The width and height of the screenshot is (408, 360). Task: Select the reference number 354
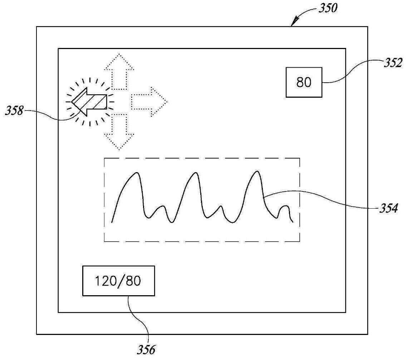click(x=387, y=209)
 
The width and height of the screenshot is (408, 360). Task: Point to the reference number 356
click(x=146, y=349)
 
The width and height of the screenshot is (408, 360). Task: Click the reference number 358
click(x=14, y=111)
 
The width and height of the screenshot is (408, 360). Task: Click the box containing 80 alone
click(x=304, y=82)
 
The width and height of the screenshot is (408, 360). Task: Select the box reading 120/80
click(x=118, y=281)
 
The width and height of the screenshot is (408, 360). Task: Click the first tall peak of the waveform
click(x=136, y=173)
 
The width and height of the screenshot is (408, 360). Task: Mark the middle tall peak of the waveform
click(x=195, y=173)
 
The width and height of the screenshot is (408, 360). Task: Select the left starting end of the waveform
click(x=112, y=222)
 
